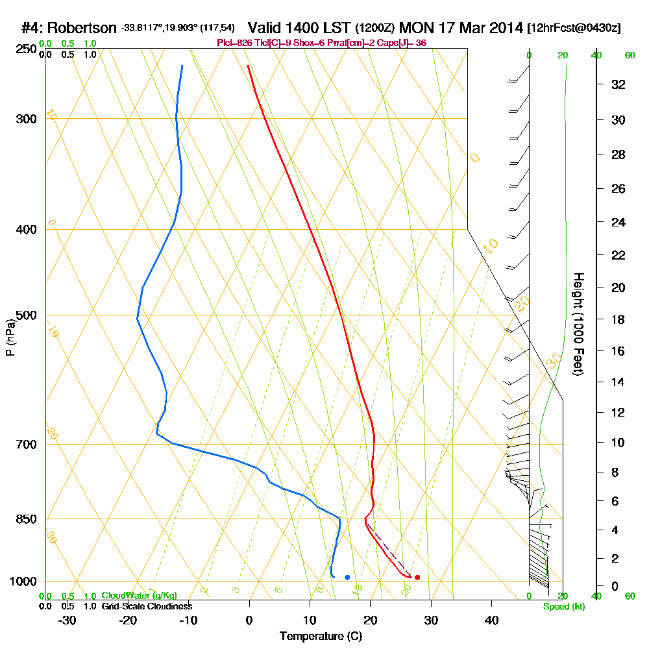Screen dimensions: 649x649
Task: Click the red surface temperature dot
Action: [x=417, y=577]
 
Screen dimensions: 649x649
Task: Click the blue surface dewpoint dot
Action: [x=347, y=577]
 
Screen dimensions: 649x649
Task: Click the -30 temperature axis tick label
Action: [x=67, y=620]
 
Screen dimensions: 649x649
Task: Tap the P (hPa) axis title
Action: [x=10, y=337]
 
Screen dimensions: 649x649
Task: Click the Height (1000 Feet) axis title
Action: [x=577, y=324]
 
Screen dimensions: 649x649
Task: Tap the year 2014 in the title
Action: [x=504, y=28]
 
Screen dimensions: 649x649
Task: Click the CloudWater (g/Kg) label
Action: [x=139, y=595]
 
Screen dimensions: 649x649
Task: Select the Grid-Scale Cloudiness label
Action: [x=147, y=606]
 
